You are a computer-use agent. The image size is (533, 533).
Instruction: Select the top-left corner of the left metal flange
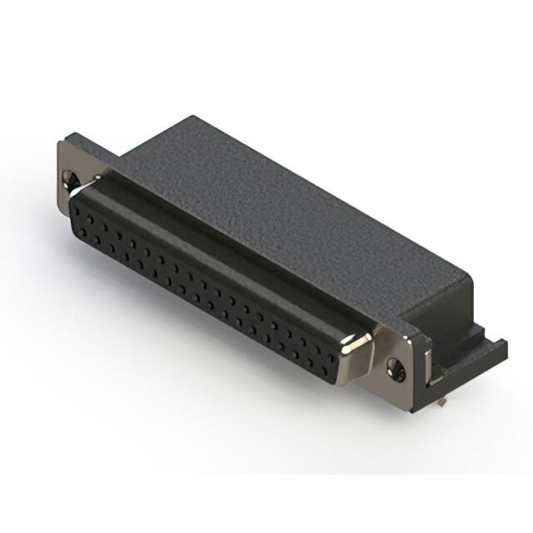(60, 142)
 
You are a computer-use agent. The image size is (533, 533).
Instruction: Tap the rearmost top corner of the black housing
(193, 117)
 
